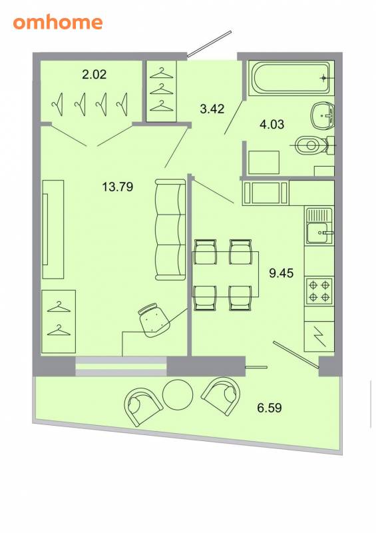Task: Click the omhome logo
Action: tap(58, 23)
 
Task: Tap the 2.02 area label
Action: tap(94, 74)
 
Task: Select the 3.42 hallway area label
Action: tap(212, 109)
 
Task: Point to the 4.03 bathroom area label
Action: tap(272, 124)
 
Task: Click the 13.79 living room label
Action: tap(118, 187)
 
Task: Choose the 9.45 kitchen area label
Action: tap(282, 273)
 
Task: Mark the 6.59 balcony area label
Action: tap(270, 407)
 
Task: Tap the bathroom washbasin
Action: tap(323, 115)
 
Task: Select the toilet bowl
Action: tap(314, 145)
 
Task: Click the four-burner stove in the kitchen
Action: tap(319, 290)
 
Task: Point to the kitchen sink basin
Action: tap(318, 233)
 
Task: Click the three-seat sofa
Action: tap(170, 229)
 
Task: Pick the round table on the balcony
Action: tap(178, 394)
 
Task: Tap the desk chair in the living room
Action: tap(154, 320)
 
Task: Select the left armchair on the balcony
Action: tap(142, 406)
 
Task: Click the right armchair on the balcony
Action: tap(222, 396)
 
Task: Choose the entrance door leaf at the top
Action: tap(209, 43)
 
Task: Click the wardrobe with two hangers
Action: tap(59, 321)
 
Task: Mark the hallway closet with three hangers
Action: tap(162, 91)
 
